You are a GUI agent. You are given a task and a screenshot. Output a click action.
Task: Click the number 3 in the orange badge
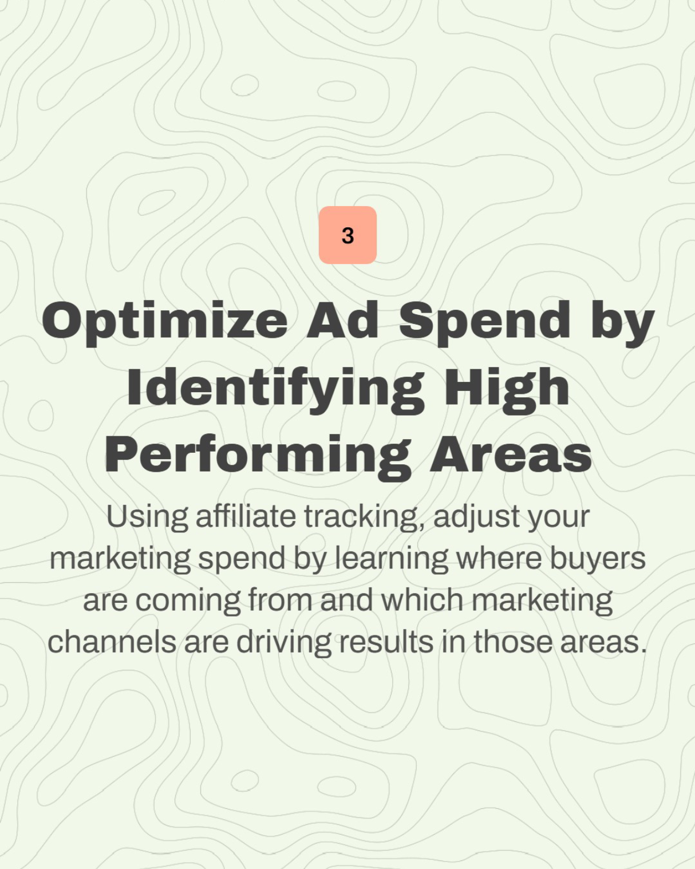click(347, 235)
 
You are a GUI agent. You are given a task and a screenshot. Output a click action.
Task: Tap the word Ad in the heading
click(342, 320)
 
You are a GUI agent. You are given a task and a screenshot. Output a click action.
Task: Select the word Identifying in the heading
click(276, 389)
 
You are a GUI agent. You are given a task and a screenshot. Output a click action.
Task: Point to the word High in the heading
click(507, 389)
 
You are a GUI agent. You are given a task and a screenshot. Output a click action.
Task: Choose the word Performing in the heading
click(258, 456)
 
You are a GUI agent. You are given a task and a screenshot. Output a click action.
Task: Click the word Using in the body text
click(147, 518)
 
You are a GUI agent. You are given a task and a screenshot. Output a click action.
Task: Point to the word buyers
click(598, 560)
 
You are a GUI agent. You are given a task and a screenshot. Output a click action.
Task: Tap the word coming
click(188, 601)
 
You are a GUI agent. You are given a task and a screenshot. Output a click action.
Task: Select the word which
click(422, 600)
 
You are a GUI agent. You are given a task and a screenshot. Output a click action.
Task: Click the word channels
click(112, 642)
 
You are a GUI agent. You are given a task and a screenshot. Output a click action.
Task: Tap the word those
click(512, 642)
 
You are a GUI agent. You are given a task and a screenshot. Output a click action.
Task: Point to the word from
click(281, 600)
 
